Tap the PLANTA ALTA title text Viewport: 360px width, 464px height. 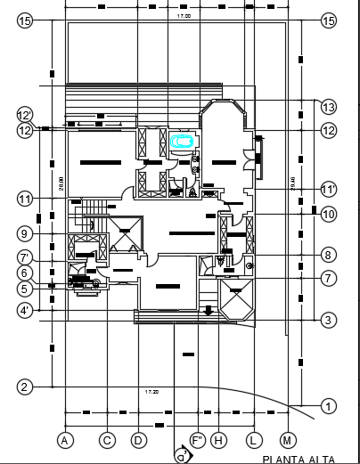tap(299, 459)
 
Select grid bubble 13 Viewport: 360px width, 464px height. tap(329, 107)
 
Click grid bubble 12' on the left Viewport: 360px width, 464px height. tap(25, 115)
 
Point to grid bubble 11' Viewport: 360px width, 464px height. tap(329, 190)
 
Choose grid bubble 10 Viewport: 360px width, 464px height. tap(329, 214)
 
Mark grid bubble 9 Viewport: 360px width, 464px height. tap(25, 233)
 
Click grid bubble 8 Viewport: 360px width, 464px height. tap(329, 255)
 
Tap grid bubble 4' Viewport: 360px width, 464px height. tap(25, 311)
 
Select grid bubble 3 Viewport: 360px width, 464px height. tap(329, 320)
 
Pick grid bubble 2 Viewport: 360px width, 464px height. tap(25, 387)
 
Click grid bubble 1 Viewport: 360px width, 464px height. tap(329, 406)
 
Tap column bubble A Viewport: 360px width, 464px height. tap(64, 439)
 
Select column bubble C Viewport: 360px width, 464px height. tap(107, 439)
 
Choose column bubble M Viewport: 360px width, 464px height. tap(287, 439)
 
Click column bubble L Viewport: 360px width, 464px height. tap(253, 439)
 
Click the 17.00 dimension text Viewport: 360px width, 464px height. tap(183, 17)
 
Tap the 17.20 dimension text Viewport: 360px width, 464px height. tap(152, 392)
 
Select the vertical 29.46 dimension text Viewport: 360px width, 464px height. tap(293, 185)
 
